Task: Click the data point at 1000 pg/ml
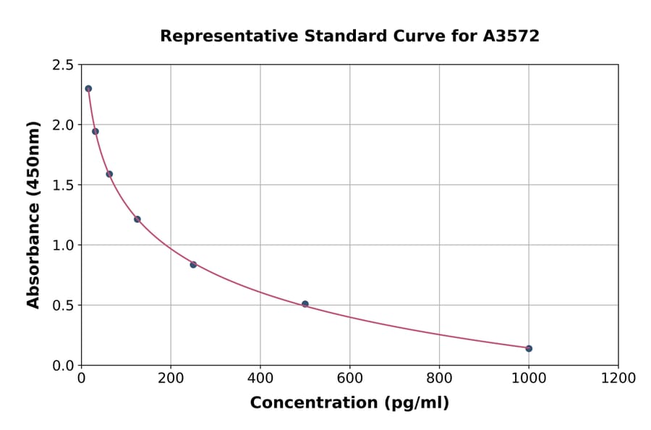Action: pyautogui.click(x=529, y=348)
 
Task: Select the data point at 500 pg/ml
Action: pyautogui.click(x=305, y=304)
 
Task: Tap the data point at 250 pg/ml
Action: pyautogui.click(x=193, y=264)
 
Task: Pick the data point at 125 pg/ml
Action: pyautogui.click(x=137, y=219)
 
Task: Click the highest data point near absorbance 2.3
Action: pyautogui.click(x=88, y=88)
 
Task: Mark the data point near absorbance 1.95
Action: pyautogui.click(x=95, y=131)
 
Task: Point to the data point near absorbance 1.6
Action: pyautogui.click(x=109, y=174)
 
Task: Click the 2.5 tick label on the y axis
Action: pyautogui.click(x=62, y=65)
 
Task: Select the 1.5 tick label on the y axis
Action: pyautogui.click(x=62, y=185)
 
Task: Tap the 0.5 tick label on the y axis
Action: pyautogui.click(x=62, y=305)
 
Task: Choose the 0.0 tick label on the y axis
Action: pyautogui.click(x=62, y=366)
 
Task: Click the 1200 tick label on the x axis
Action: pyautogui.click(x=618, y=379)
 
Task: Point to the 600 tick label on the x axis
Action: pyautogui.click(x=349, y=379)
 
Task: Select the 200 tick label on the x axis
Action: pyautogui.click(x=171, y=379)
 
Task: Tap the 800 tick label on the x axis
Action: pyautogui.click(x=439, y=379)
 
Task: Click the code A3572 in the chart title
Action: pyautogui.click(x=511, y=35)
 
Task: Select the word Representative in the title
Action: pyautogui.click(x=219, y=36)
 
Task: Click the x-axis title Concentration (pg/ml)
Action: pyautogui.click(x=349, y=403)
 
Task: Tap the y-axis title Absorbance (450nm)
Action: pyautogui.click(x=33, y=214)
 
